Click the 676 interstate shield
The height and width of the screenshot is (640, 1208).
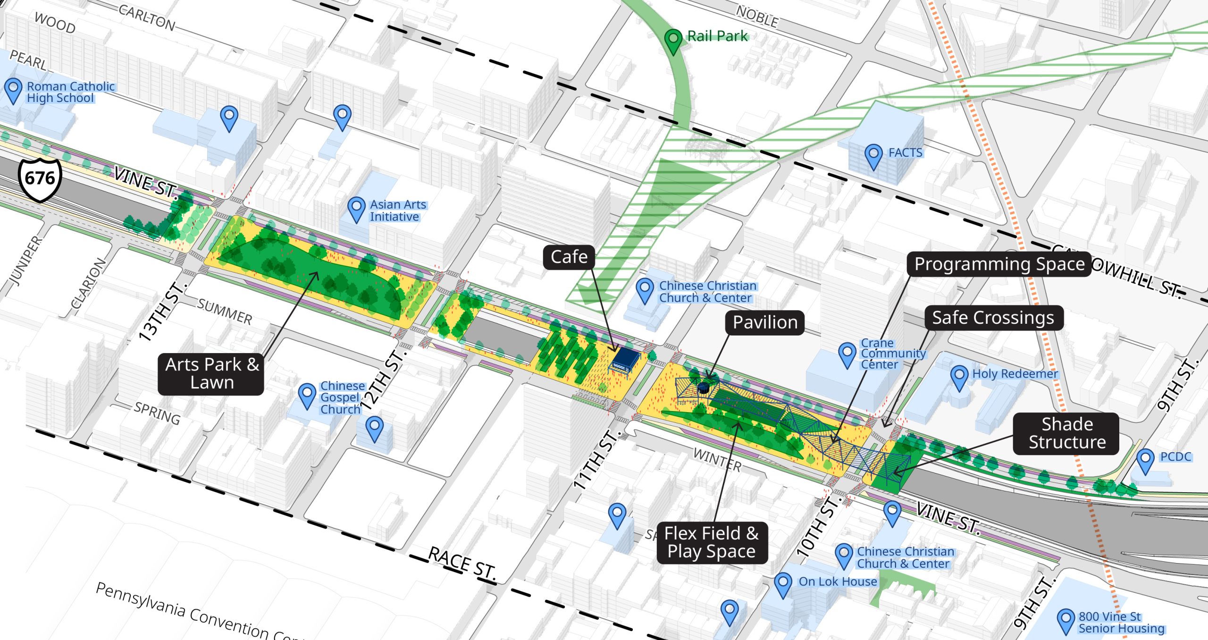40,179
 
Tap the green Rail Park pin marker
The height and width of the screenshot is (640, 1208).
673,40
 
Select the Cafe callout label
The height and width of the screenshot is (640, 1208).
569,257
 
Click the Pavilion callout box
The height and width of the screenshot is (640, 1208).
765,323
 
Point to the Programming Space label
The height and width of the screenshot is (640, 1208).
999,264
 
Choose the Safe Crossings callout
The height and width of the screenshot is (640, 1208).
993,318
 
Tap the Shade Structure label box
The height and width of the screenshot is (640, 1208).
1066,433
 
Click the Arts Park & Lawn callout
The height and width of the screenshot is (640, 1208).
211,374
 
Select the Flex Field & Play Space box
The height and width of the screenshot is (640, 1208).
712,542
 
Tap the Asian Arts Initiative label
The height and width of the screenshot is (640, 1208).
397,211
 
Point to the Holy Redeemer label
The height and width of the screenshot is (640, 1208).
1015,374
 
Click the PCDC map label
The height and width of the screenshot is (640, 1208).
1175,457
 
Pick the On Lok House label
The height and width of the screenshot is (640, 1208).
837,581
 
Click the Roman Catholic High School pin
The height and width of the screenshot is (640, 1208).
13,89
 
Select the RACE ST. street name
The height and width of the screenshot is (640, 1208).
462,563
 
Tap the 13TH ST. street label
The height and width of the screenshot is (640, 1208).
162,312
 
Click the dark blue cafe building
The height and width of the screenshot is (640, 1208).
625,361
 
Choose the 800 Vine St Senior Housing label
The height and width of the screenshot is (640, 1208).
1121,623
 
